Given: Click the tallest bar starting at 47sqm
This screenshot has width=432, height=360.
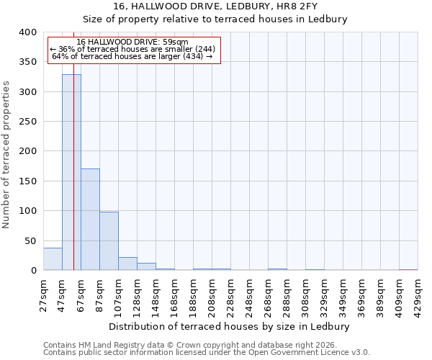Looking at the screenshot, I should click(71, 173).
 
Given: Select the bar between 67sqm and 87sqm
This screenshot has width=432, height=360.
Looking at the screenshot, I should click(90, 220).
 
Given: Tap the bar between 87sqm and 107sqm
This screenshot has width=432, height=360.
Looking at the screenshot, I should click(109, 241).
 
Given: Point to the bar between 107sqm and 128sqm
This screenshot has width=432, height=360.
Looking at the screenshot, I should click(127, 264).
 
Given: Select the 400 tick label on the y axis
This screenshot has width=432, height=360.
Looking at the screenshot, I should click(28, 32).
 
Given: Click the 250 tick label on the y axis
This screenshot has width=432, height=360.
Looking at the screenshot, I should click(28, 122).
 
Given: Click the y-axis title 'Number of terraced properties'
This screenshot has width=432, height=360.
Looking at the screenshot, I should click(6, 155).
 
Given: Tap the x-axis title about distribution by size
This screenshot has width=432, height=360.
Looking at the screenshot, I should click(230, 326).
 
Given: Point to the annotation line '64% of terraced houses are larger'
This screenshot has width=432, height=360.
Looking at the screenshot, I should click(132, 56).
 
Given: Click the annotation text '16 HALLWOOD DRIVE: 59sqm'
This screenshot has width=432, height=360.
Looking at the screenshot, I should click(132, 42).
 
